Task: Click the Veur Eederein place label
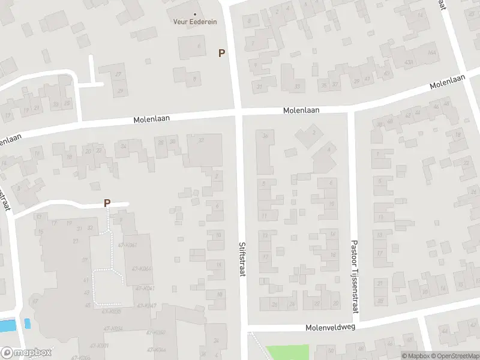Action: click(x=196, y=22)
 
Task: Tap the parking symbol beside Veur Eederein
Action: click(x=221, y=53)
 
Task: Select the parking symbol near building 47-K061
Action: click(x=107, y=203)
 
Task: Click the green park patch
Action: click(x=287, y=352)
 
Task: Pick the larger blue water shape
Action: click(x=7, y=326)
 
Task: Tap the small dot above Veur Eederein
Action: click(x=195, y=14)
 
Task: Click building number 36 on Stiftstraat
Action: click(x=265, y=136)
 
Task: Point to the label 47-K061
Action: click(x=128, y=245)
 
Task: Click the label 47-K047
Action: click(x=146, y=306)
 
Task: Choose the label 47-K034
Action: click(x=113, y=328)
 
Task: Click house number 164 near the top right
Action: click(x=433, y=53)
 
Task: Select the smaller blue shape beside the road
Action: click(x=27, y=323)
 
